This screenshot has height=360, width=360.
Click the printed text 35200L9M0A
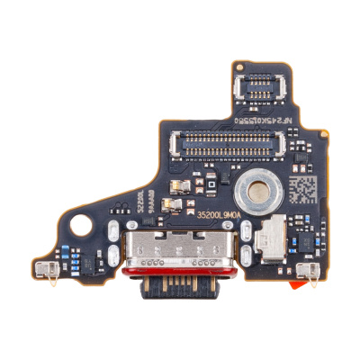(213, 215)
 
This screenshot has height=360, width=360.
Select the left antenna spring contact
(47, 268)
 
